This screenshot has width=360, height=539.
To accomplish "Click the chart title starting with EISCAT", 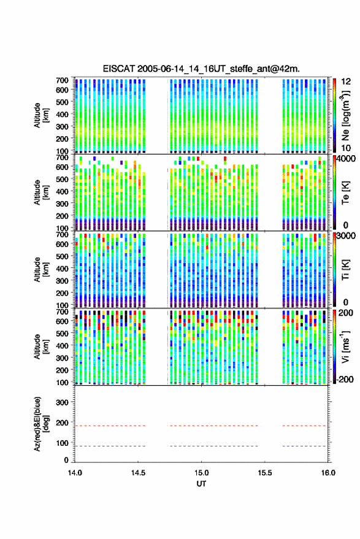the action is [x=201, y=69].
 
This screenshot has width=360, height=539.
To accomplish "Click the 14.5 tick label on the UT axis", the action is [x=138, y=473].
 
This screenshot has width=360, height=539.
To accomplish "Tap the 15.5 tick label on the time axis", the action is [x=265, y=473].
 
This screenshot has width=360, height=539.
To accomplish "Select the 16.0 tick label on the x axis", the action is [x=328, y=473].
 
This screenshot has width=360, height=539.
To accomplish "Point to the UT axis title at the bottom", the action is [x=201, y=484].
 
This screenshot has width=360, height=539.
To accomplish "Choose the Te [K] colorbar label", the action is [x=345, y=193].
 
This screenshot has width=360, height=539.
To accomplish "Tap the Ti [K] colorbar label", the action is [x=345, y=270].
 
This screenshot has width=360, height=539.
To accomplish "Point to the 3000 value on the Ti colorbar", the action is [x=346, y=236].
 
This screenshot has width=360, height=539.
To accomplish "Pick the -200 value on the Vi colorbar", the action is [x=345, y=379].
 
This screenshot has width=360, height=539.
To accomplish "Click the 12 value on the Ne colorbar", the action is [x=346, y=82].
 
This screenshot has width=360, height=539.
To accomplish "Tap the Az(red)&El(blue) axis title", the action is [x=40, y=424].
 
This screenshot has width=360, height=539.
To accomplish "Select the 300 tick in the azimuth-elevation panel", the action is [x=62, y=402].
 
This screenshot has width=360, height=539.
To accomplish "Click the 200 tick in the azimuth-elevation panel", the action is [x=62, y=422].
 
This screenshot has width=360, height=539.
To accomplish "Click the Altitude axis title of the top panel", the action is [x=41, y=115].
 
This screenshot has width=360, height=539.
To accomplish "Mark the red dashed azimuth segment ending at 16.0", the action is [x=304, y=426].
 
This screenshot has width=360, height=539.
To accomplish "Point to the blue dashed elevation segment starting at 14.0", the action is [x=110, y=446].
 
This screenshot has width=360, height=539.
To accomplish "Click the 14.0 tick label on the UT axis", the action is [x=75, y=473].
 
